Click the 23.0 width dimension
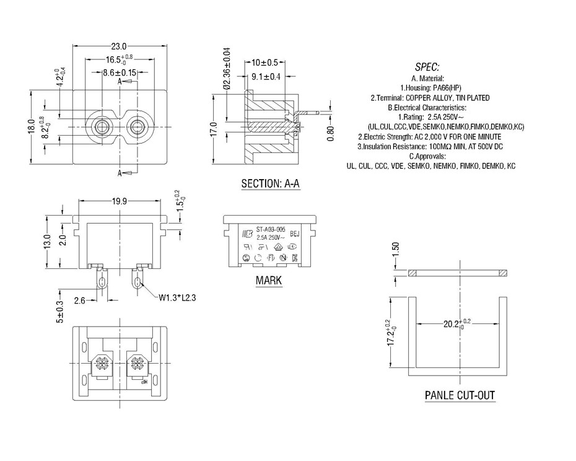click(119, 46)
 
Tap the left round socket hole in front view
click(100, 127)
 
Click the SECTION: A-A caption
click(270, 184)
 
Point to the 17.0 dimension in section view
click(214, 131)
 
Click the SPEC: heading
click(427, 67)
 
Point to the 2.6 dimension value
click(79, 301)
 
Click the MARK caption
click(269, 281)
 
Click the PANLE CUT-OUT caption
click(460, 395)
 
